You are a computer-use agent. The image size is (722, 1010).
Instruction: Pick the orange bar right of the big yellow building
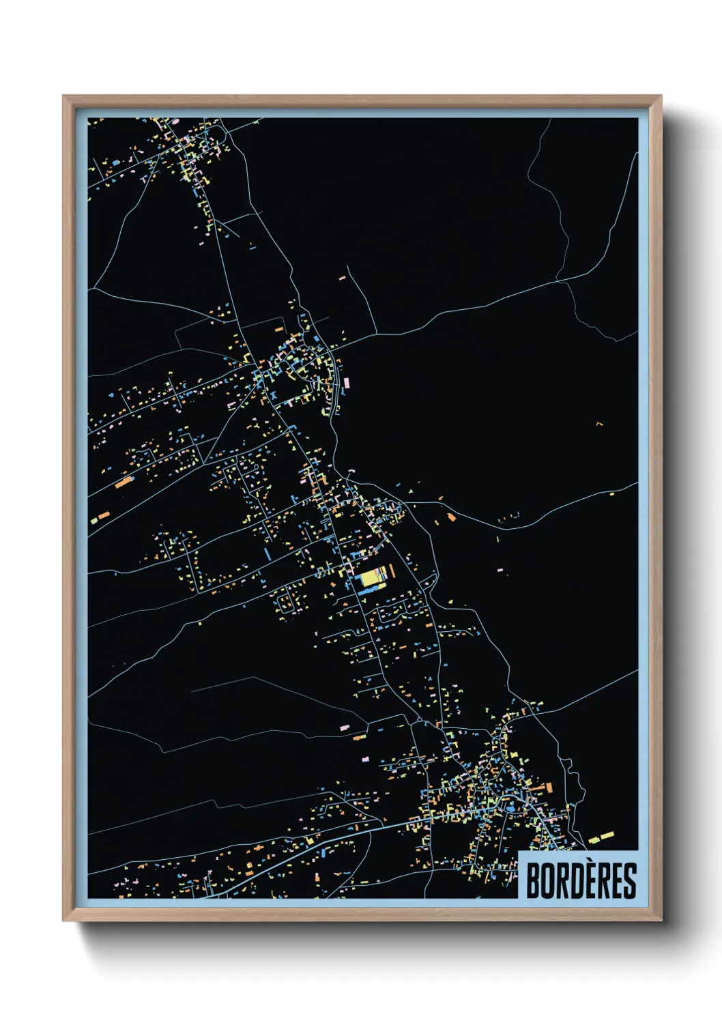point(391,575)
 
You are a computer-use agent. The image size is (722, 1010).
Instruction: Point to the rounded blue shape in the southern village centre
point(510,808)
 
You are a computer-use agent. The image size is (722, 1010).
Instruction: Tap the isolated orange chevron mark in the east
point(599,424)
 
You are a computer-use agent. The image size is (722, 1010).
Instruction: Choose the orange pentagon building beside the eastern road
point(451,517)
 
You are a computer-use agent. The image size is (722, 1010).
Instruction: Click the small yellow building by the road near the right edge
point(611,493)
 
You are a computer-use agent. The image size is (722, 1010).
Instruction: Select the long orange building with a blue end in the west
point(124,482)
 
